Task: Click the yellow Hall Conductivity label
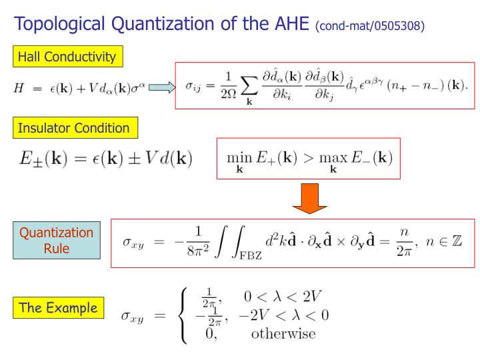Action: [x=66, y=57]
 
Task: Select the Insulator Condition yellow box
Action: [x=73, y=127]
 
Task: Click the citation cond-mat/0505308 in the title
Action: [x=371, y=27]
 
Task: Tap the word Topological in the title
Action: [x=65, y=25]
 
